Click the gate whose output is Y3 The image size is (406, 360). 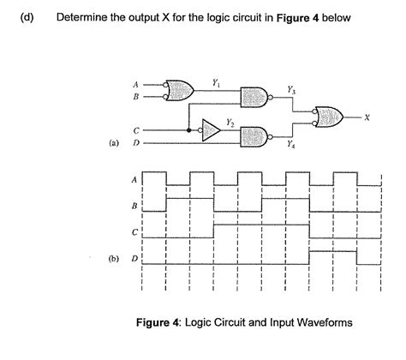pos(255,97)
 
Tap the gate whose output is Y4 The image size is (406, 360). pos(255,135)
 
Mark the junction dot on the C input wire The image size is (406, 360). pos(188,130)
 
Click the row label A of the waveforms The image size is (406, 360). pos(134,180)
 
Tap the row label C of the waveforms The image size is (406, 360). pos(134,231)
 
